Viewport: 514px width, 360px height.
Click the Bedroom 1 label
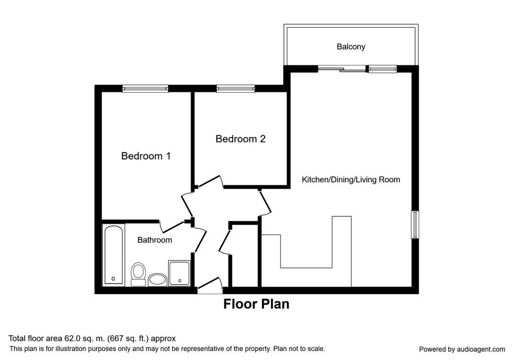point(146,156)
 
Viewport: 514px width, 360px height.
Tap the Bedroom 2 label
point(240,139)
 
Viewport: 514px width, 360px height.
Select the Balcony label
point(351,47)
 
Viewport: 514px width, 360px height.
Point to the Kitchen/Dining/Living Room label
point(351,180)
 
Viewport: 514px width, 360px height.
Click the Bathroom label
point(155,240)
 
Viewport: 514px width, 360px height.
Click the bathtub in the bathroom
point(113,255)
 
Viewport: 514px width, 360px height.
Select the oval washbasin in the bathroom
point(157,280)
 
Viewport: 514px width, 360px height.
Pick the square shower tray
point(179,273)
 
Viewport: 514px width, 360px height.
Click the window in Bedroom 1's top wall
point(145,88)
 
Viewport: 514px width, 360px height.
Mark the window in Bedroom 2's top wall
point(235,88)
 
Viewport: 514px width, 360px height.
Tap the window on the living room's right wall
point(415,224)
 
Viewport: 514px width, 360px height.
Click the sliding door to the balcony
point(341,69)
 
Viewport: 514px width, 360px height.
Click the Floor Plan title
point(256,304)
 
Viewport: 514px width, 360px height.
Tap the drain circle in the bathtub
point(113,279)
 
